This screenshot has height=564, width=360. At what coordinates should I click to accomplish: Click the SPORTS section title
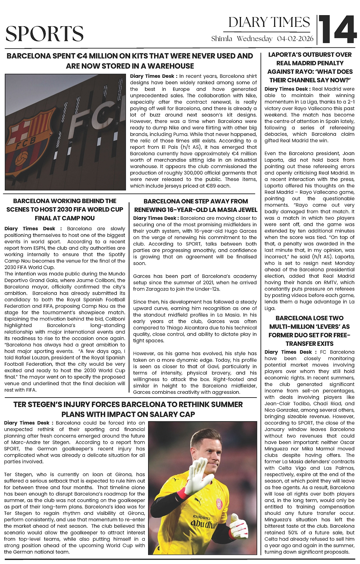click(x=45, y=34)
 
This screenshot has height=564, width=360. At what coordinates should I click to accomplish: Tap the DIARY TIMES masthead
click(x=269, y=22)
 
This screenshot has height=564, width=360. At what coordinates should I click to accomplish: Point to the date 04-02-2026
click(x=295, y=39)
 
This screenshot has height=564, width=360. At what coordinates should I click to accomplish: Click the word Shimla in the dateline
click(x=222, y=39)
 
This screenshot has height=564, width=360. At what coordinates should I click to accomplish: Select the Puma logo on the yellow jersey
click(x=198, y=501)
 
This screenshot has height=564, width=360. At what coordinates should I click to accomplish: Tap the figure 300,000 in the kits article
click(x=191, y=173)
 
